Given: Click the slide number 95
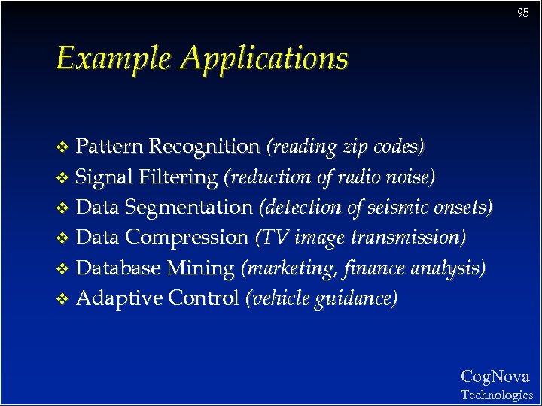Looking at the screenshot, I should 523,13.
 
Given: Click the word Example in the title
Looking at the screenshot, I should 116,58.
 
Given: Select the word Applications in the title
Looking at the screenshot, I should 265,59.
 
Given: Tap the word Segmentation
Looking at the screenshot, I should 189,208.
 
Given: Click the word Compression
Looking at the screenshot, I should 187,238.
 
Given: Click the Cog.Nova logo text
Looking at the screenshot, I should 495,377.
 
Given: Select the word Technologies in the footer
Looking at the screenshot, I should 496,395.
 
